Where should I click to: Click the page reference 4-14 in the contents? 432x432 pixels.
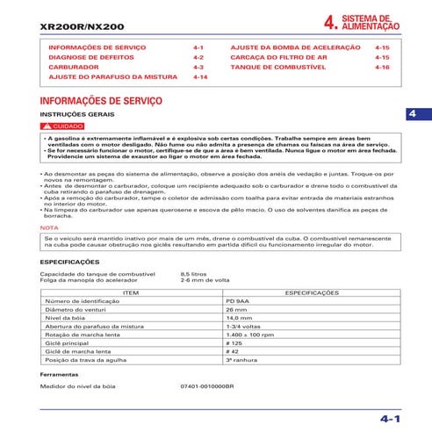pos(199,77)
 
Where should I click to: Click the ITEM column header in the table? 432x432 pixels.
pos(131,292)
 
